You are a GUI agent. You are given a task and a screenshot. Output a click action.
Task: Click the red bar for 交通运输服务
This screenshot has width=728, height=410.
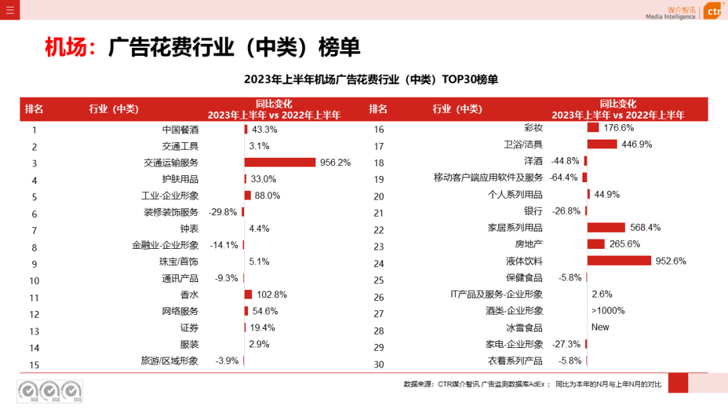(280, 163)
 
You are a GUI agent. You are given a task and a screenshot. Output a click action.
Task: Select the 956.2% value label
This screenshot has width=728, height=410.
(336, 163)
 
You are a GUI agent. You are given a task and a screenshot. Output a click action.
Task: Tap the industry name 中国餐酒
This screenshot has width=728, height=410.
(181, 129)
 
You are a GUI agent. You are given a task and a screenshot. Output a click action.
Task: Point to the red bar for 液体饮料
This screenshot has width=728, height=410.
(619, 261)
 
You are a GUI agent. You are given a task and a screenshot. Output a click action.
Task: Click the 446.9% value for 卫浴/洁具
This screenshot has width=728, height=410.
(637, 144)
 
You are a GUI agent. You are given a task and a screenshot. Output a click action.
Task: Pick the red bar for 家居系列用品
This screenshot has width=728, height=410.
(606, 228)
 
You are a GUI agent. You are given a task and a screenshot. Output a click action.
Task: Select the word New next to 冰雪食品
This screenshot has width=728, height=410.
(600, 327)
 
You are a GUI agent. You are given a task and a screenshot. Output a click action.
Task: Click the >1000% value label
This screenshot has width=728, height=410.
(608, 311)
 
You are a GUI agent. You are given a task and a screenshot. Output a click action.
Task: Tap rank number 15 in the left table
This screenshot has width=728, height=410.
(34, 365)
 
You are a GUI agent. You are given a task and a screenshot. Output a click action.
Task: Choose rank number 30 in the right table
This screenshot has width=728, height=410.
(378, 365)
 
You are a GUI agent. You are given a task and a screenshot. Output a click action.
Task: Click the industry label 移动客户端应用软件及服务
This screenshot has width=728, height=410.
(488, 178)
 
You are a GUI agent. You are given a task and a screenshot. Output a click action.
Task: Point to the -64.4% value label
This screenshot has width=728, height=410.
(564, 178)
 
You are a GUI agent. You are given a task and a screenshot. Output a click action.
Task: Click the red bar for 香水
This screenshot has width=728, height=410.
(248, 295)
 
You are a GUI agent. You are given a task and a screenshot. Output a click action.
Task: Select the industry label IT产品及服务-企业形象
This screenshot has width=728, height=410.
(496, 294)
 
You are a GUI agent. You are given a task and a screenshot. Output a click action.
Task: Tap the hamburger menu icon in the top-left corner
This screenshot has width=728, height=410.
(9, 9)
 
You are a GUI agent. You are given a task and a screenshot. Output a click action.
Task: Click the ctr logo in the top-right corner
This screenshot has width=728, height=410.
(713, 11)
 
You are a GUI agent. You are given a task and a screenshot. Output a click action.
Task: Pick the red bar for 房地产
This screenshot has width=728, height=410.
(596, 244)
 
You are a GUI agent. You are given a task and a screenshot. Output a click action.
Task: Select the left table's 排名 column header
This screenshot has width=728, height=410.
(34, 109)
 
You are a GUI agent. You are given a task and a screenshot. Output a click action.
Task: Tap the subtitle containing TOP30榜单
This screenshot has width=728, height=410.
(371, 80)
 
